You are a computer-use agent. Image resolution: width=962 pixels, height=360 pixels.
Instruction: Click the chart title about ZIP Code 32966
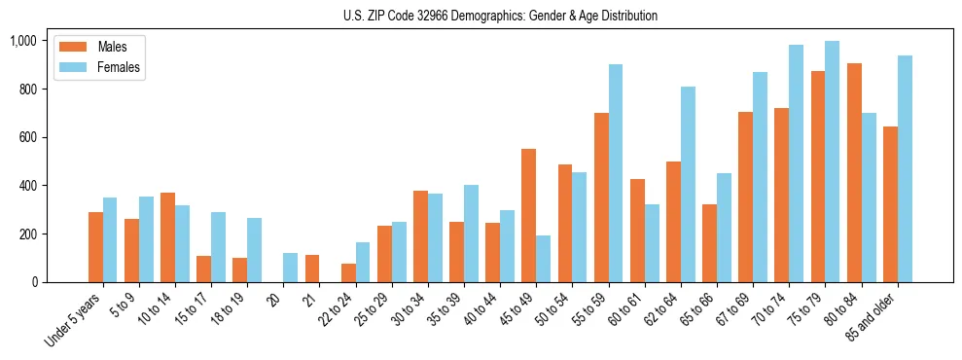point(500,16)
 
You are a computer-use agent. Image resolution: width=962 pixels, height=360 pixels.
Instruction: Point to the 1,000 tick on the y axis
point(23,41)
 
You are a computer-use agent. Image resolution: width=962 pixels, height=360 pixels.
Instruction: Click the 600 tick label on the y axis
point(27,137)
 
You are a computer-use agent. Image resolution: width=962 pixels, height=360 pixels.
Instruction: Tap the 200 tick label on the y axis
point(27,234)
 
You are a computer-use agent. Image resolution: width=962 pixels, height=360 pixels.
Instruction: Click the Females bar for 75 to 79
point(833,162)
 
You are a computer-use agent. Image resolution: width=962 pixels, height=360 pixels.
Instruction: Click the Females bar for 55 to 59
point(616,173)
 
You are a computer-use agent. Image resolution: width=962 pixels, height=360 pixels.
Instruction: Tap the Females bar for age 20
point(291,268)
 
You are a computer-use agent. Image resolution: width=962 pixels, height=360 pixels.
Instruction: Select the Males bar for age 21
point(312,269)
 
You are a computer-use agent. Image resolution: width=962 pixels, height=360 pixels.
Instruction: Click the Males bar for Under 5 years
point(95,247)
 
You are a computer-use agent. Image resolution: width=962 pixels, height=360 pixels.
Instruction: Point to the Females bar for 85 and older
point(905,169)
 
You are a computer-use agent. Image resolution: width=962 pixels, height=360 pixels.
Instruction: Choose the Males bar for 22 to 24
point(348,273)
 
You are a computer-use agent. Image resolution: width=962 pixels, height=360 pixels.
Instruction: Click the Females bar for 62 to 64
point(688,185)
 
